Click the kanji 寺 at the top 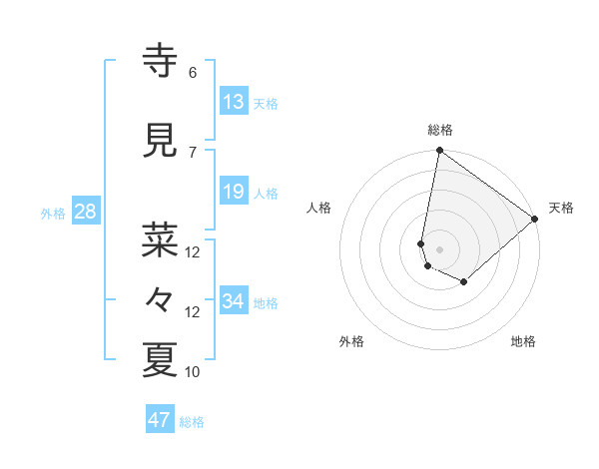(x=160, y=61)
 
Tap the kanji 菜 (x=160, y=239)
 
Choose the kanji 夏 (x=160, y=360)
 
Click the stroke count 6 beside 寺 (x=193, y=73)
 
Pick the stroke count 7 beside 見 (x=193, y=152)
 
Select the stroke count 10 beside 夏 (x=193, y=372)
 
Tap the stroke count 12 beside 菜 (x=193, y=252)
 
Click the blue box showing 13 (x=233, y=102)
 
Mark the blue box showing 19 (x=233, y=192)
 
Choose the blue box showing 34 (x=233, y=301)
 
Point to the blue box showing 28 (x=85, y=212)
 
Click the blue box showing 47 (x=159, y=420)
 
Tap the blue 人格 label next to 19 (x=266, y=193)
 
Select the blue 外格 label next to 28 (x=53, y=213)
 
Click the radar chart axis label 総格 (x=440, y=130)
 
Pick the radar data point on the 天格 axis (x=536, y=220)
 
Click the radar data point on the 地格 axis (x=464, y=282)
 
